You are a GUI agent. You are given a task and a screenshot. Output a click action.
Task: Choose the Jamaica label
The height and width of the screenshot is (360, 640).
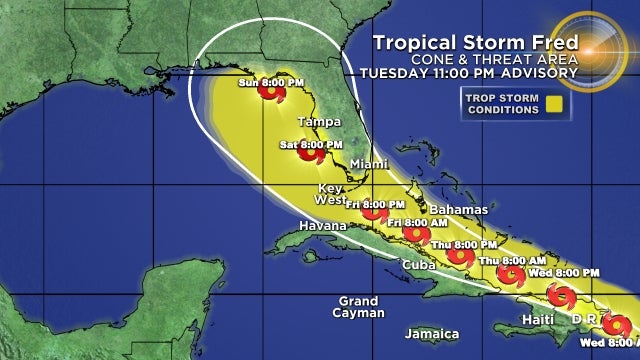431,333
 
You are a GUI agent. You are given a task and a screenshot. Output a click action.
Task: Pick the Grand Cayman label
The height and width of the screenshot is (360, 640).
358,307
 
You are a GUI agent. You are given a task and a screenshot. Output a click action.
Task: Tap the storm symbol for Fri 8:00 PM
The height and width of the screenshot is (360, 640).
375,212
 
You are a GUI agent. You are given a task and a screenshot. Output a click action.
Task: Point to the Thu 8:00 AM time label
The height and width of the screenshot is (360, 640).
501,261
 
